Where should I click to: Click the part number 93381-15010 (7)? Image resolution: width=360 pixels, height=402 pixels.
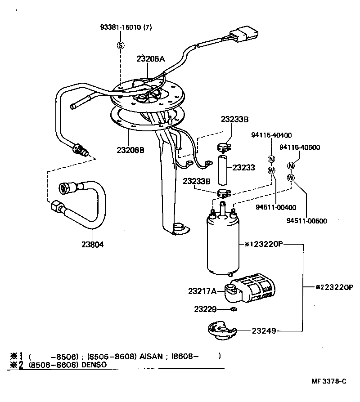pyautogui.click(x=126, y=27)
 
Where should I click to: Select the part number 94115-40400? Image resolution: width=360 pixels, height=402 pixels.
pyautogui.click(x=271, y=135)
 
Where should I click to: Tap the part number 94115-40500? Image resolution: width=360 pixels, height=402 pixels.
pyautogui.click(x=300, y=147)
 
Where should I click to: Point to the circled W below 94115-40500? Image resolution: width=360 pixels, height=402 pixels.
pyautogui.click(x=291, y=177)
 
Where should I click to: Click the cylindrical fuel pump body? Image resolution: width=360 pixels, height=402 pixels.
pyautogui.click(x=224, y=245)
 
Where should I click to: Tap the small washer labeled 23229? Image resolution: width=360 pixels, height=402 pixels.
pyautogui.click(x=233, y=309)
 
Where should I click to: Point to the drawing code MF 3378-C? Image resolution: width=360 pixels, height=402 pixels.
pyautogui.click(x=329, y=381)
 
